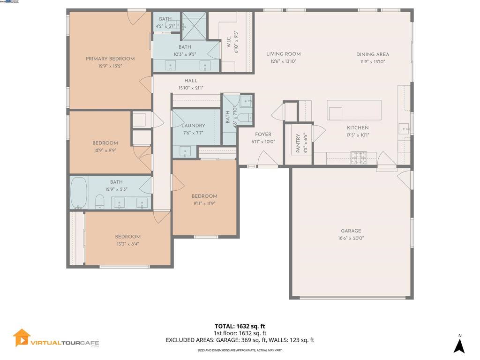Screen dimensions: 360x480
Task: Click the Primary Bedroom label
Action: pyautogui.click(x=110, y=59)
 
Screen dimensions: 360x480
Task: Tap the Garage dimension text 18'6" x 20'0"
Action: pyautogui.click(x=351, y=238)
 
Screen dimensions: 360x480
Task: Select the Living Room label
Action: pyautogui.click(x=283, y=54)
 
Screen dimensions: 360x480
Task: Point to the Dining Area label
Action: pyautogui.click(x=373, y=54)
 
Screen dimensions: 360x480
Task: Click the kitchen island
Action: pyautogui.click(x=354, y=110)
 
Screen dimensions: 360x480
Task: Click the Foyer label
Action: pyautogui.click(x=263, y=135)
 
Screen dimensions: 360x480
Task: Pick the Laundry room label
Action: pyautogui.click(x=193, y=126)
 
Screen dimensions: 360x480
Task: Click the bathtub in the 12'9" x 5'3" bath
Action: pyautogui.click(x=78, y=193)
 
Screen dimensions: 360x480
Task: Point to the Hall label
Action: pyautogui.click(x=191, y=81)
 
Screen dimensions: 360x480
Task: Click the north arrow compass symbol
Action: pyautogui.click(x=459, y=345)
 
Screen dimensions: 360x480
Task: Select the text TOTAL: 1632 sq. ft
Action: pyautogui.click(x=240, y=326)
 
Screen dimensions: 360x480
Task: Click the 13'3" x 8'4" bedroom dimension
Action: pyautogui.click(x=127, y=244)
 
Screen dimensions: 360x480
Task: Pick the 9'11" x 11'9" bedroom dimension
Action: pyautogui.click(x=204, y=203)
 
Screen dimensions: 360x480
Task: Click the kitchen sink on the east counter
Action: pyautogui.click(x=404, y=127)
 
